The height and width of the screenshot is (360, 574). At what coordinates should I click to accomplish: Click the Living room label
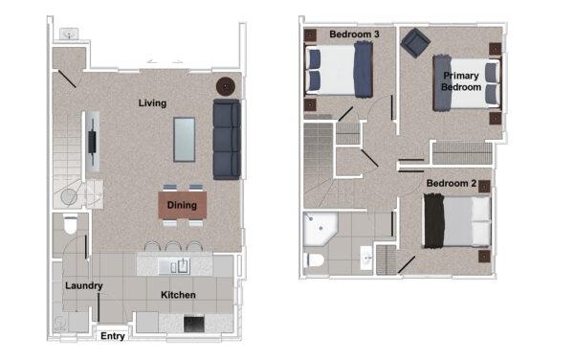[152, 103]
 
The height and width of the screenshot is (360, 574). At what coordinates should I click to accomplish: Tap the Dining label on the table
[182, 205]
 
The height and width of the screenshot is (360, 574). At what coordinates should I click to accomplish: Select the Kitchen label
[178, 295]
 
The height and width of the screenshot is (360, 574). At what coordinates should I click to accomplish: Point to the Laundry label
[84, 285]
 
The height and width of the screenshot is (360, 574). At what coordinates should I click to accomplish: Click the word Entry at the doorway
[113, 336]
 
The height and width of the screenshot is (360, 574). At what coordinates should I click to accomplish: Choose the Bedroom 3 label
[354, 34]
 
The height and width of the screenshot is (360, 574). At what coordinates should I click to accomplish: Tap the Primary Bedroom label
[461, 81]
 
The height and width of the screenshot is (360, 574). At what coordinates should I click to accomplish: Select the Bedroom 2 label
[452, 183]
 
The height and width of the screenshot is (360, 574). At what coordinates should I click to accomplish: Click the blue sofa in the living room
[227, 139]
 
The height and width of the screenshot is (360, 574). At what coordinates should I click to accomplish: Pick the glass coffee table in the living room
[184, 140]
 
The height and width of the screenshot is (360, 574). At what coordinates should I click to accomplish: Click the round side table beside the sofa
[226, 87]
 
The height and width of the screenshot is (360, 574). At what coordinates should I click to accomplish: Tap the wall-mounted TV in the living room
[92, 142]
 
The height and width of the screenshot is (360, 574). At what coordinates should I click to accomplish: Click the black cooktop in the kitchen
[194, 324]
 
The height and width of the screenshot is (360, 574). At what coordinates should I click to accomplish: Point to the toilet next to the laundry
[70, 224]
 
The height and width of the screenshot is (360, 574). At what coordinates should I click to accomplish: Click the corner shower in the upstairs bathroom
[320, 229]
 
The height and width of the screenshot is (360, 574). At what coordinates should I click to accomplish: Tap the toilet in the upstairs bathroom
[314, 260]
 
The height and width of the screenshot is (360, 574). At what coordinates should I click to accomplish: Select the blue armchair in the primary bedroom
[415, 43]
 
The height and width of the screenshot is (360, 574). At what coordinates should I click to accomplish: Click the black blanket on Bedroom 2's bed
[434, 221]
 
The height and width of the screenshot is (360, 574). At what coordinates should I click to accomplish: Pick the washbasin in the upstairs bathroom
[366, 259]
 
